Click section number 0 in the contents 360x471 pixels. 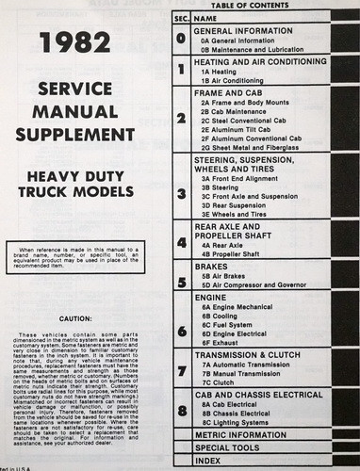point(181,41)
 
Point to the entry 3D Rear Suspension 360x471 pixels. point(237,203)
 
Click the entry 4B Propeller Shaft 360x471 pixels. point(236,252)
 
